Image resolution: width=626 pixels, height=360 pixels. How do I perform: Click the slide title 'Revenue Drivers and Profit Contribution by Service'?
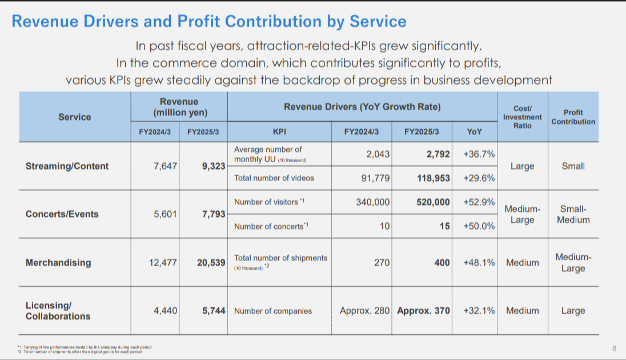point(209,22)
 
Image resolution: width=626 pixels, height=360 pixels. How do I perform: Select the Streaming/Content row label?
point(67,166)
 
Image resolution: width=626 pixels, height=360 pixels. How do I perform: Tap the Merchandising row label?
point(58,263)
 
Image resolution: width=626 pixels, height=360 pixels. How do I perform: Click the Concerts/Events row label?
point(62,214)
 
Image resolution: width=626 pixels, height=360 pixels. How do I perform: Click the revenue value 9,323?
point(214,166)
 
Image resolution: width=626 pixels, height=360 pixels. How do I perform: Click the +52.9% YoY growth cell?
point(479,202)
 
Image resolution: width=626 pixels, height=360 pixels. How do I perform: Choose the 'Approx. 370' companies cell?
point(423,311)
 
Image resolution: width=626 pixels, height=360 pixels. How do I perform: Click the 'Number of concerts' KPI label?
point(270,227)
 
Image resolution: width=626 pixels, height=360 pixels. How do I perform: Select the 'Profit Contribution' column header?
point(573,117)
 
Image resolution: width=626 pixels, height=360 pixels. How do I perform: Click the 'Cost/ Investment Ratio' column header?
point(522,117)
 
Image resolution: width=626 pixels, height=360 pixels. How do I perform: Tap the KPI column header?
point(279,131)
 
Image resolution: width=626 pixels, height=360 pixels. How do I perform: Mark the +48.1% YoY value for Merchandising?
point(479,263)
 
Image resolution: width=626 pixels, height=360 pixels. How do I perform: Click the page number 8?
point(614,348)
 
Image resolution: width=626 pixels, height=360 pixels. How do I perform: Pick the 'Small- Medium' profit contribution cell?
point(573,214)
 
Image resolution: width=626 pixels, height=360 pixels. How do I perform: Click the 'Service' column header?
point(75,117)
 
